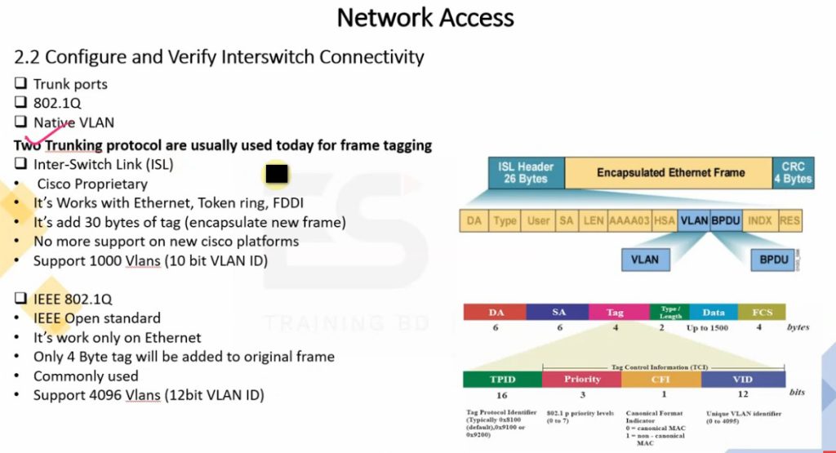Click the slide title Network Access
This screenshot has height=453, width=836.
425,18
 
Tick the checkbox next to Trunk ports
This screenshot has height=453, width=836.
20,84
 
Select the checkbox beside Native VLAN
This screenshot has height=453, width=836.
20,123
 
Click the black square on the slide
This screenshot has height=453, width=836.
278,174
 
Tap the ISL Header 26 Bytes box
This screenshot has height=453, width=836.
526,172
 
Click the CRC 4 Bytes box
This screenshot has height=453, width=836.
793,172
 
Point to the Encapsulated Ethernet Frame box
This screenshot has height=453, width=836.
670,172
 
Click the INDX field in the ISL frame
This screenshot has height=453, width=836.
760,221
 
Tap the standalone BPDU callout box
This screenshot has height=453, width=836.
774,260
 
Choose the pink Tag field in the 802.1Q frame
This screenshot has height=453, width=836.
615,312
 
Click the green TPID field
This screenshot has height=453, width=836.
501,380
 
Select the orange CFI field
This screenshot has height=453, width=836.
660,380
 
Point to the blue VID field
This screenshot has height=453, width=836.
742,380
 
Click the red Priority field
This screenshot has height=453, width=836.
581,380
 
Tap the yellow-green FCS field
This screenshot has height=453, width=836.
761,312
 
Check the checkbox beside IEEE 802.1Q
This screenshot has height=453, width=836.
20,299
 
